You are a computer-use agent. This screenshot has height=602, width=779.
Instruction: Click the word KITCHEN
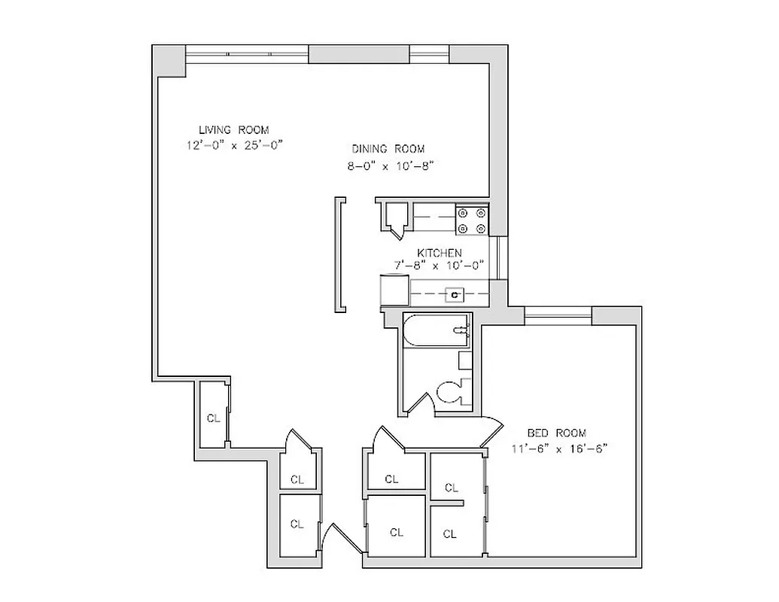[440, 253]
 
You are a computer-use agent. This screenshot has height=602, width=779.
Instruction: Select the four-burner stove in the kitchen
[472, 220]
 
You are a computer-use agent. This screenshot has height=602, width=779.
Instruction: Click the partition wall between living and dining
[341, 254]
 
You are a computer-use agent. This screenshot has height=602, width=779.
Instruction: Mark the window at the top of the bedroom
[558, 312]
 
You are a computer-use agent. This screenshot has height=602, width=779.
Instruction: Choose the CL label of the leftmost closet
[214, 418]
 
